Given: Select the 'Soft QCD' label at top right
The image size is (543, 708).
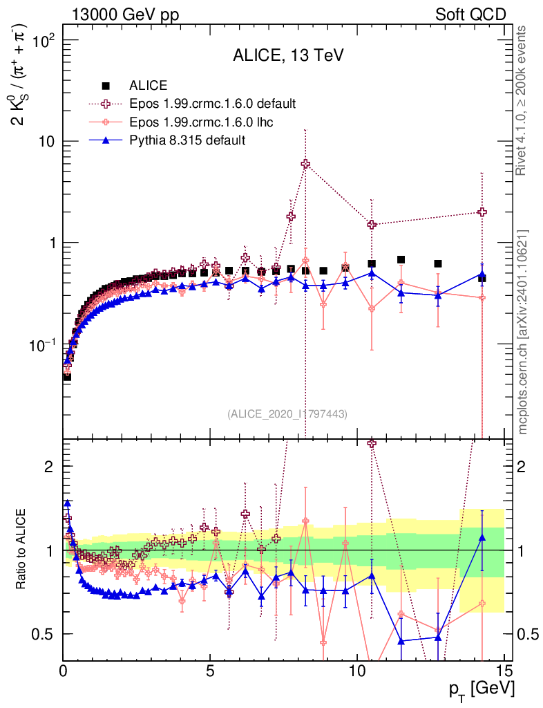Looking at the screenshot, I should click(x=470, y=15).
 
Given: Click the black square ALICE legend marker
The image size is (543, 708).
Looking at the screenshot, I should click(x=106, y=86).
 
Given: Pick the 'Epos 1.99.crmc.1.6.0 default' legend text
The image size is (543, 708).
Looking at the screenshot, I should click(x=212, y=104).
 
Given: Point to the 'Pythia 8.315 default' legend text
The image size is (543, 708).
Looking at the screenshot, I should click(x=187, y=140).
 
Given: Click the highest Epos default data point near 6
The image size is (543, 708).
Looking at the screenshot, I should click(x=305, y=164).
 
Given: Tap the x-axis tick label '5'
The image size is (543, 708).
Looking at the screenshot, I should click(x=210, y=670).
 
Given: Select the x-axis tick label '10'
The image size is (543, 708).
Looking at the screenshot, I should click(x=356, y=670).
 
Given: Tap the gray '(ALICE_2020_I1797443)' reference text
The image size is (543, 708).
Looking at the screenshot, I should click(x=287, y=413).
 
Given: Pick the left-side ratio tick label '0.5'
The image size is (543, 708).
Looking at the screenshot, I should click(x=44, y=634).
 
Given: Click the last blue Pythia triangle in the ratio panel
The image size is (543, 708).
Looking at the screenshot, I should click(x=482, y=537).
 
